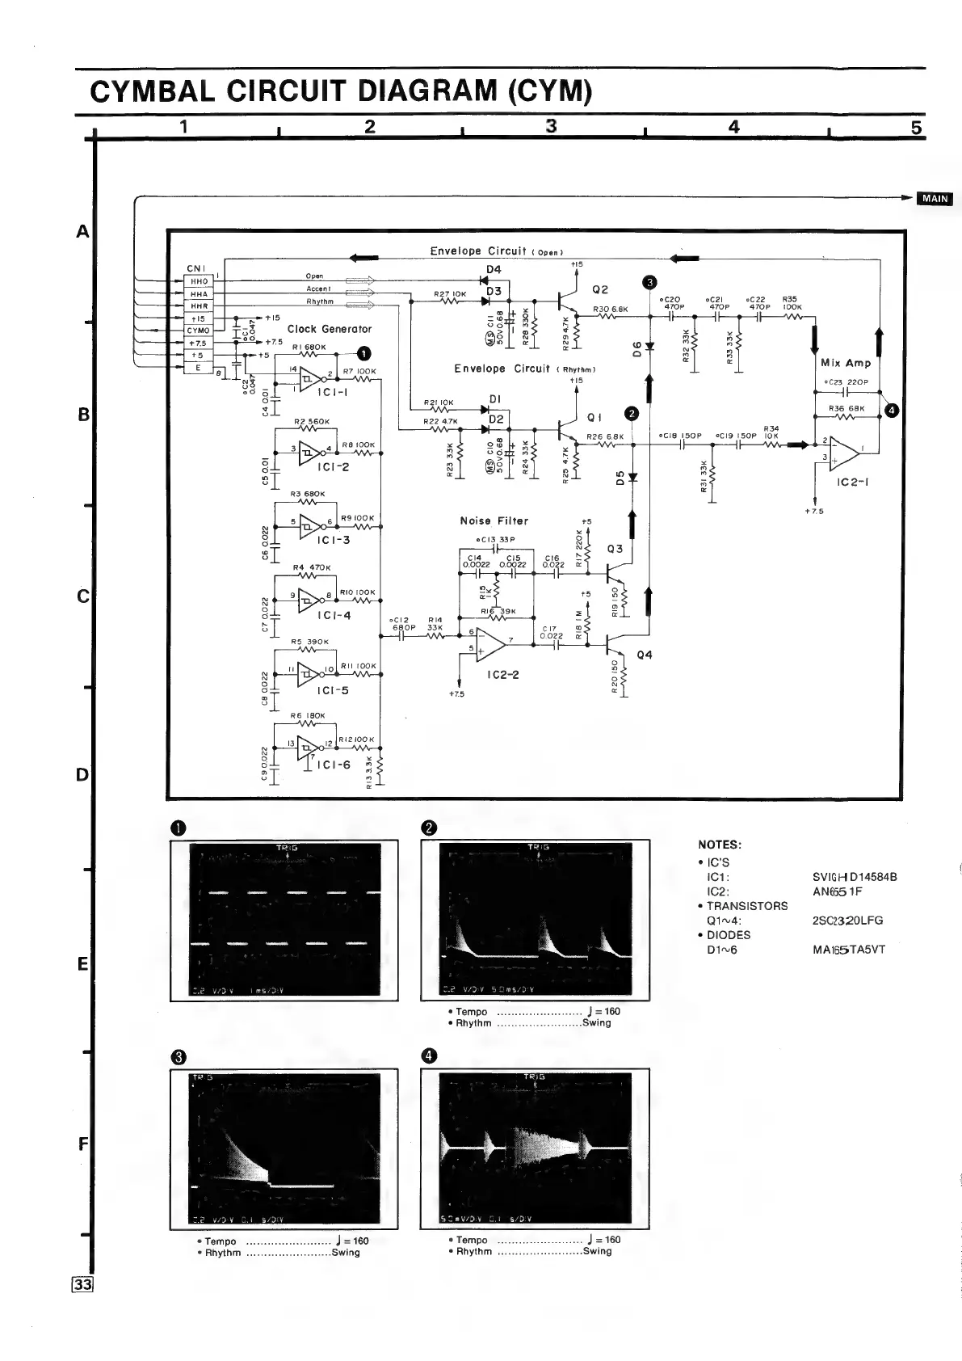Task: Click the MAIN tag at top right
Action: click(935, 200)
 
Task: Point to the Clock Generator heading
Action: click(330, 329)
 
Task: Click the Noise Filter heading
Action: click(494, 521)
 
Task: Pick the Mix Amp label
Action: click(845, 363)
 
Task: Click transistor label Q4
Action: click(644, 655)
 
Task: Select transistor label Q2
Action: click(600, 289)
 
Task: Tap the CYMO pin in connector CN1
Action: click(198, 331)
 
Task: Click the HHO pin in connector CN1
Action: click(198, 281)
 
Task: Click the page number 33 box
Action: click(84, 1285)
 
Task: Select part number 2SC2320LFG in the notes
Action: click(848, 920)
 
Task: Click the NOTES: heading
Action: click(720, 845)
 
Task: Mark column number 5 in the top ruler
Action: click(916, 127)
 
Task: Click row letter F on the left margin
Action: click(82, 1144)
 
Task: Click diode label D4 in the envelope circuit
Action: click(494, 269)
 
